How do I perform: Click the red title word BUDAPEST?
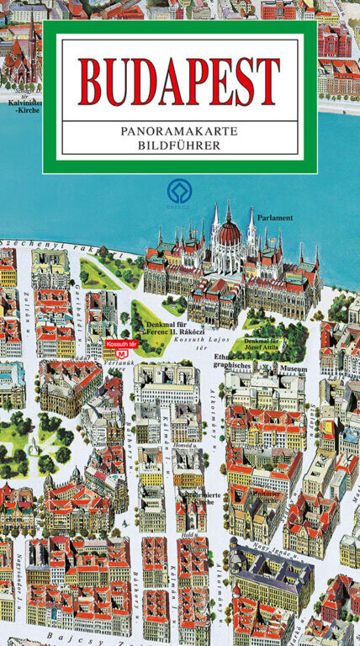(x=179, y=82)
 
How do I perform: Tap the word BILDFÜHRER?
(x=179, y=145)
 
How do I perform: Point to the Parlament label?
(x=276, y=218)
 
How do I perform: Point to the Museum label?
(x=293, y=368)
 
